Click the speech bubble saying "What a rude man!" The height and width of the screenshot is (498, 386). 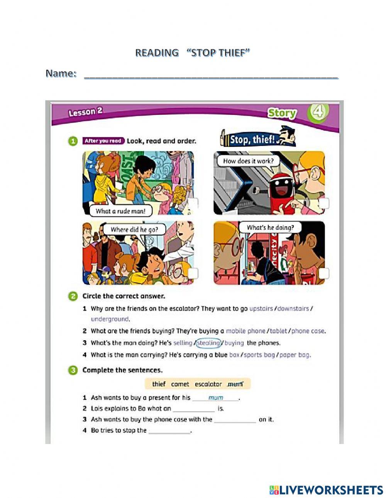(x=120, y=211)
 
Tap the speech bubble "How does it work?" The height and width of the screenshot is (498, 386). (x=248, y=161)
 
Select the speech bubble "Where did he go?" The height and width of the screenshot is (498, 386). (x=134, y=230)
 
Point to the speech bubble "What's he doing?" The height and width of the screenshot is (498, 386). (x=270, y=228)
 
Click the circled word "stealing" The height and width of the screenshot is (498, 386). (x=208, y=343)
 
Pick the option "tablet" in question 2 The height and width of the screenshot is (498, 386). (x=278, y=331)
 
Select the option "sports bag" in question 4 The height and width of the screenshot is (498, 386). (x=259, y=355)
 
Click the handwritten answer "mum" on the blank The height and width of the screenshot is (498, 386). (x=215, y=398)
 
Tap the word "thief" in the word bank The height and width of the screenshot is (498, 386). (x=159, y=384)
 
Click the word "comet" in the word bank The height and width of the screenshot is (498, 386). (x=180, y=384)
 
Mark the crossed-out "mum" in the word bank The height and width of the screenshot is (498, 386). (x=235, y=384)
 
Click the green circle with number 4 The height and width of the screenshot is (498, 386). (x=318, y=112)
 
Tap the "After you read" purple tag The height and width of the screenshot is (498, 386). (x=103, y=141)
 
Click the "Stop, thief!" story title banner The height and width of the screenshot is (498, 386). (x=257, y=139)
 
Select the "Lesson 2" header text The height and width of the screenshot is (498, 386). (x=85, y=112)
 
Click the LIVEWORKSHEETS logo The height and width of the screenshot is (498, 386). (x=326, y=490)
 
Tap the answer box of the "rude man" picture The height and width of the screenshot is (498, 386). (x=193, y=203)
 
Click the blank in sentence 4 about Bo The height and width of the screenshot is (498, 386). (x=169, y=431)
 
